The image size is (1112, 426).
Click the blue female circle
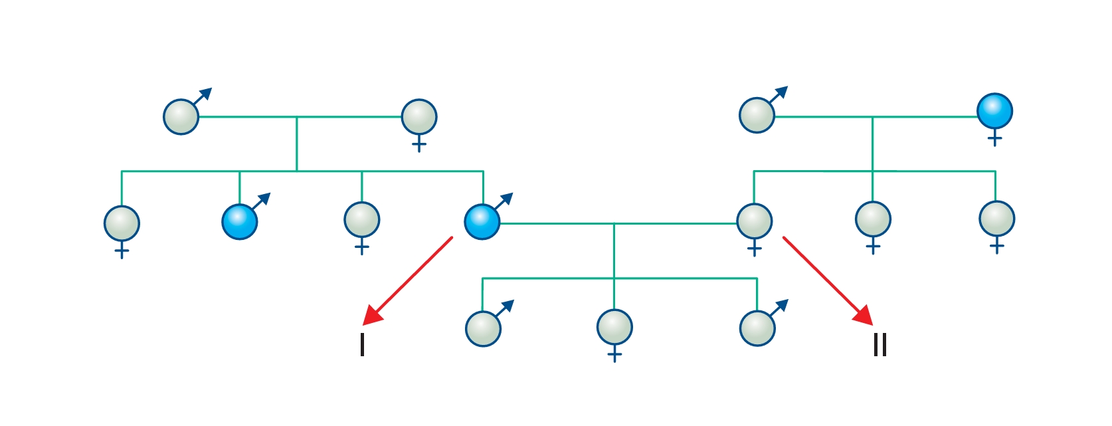click(994, 111)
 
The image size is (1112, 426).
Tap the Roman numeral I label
click(362, 345)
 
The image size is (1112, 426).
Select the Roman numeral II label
click(880, 345)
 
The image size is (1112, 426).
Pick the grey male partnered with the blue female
click(757, 116)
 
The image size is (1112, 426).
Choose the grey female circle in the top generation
click(419, 117)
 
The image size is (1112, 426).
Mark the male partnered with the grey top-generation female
click(181, 117)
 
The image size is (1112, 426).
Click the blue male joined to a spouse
click(482, 222)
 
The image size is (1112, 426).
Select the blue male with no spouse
click(240, 222)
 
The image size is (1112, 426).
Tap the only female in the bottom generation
click(614, 327)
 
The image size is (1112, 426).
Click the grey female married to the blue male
click(755, 221)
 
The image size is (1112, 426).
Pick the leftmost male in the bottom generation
click(484, 329)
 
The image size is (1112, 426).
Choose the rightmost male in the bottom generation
click(757, 328)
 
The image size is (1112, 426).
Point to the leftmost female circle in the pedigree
click(122, 223)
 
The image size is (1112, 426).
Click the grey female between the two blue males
click(362, 219)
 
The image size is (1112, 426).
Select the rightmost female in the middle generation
click(996, 219)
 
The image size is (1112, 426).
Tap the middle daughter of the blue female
click(873, 219)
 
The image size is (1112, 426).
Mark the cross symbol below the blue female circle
click(994, 139)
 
